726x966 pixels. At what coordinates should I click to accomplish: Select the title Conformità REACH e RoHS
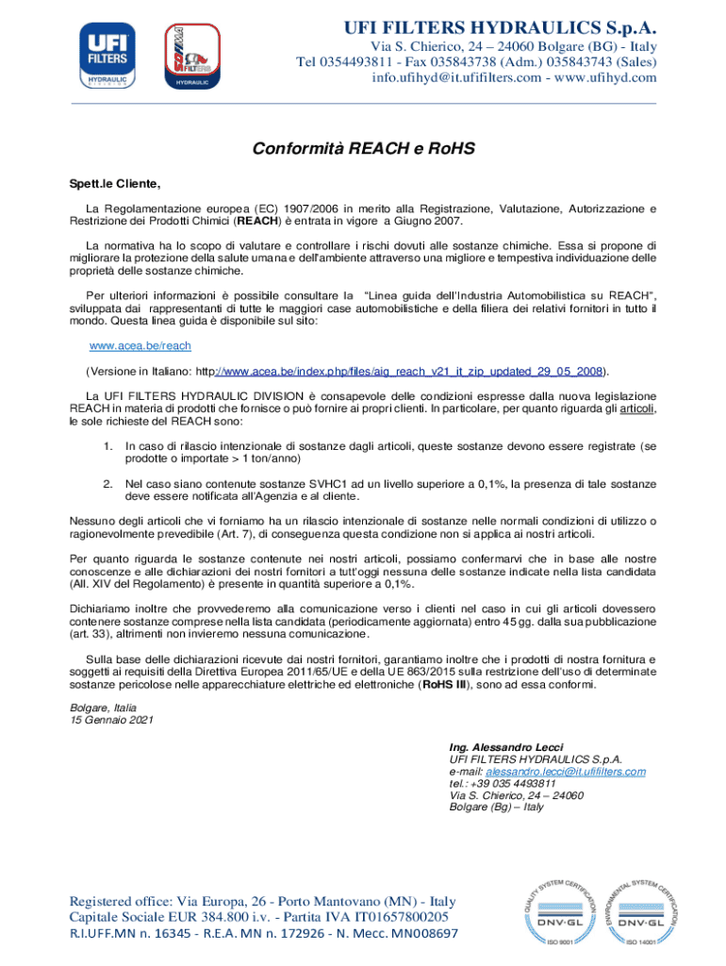pyautogui.click(x=363, y=149)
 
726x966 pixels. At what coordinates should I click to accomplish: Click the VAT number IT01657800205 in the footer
pyautogui.click(x=393, y=915)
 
